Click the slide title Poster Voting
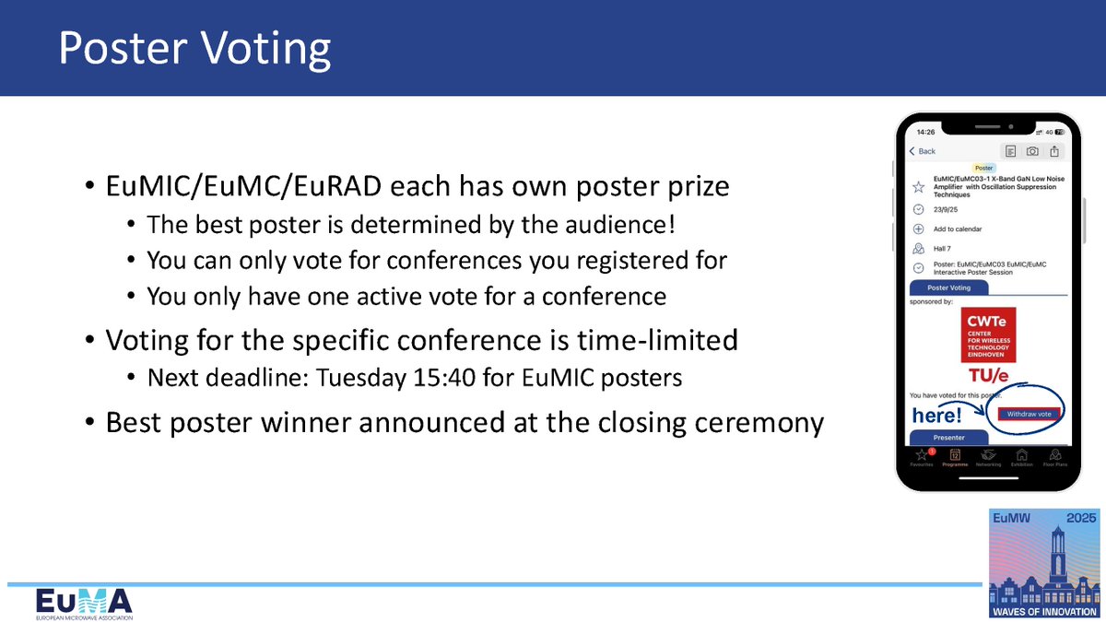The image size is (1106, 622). coord(194,50)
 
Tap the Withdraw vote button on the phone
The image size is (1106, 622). coord(1030,414)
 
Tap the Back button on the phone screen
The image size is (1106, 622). coord(923,151)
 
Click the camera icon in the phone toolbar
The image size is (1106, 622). coord(1032,151)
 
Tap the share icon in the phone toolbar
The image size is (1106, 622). coord(1054,151)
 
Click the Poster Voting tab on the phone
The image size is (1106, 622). coord(948,288)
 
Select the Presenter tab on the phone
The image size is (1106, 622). coord(948,438)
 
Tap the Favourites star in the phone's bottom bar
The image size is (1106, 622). coord(921,456)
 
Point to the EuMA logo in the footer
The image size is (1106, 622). coord(84,604)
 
